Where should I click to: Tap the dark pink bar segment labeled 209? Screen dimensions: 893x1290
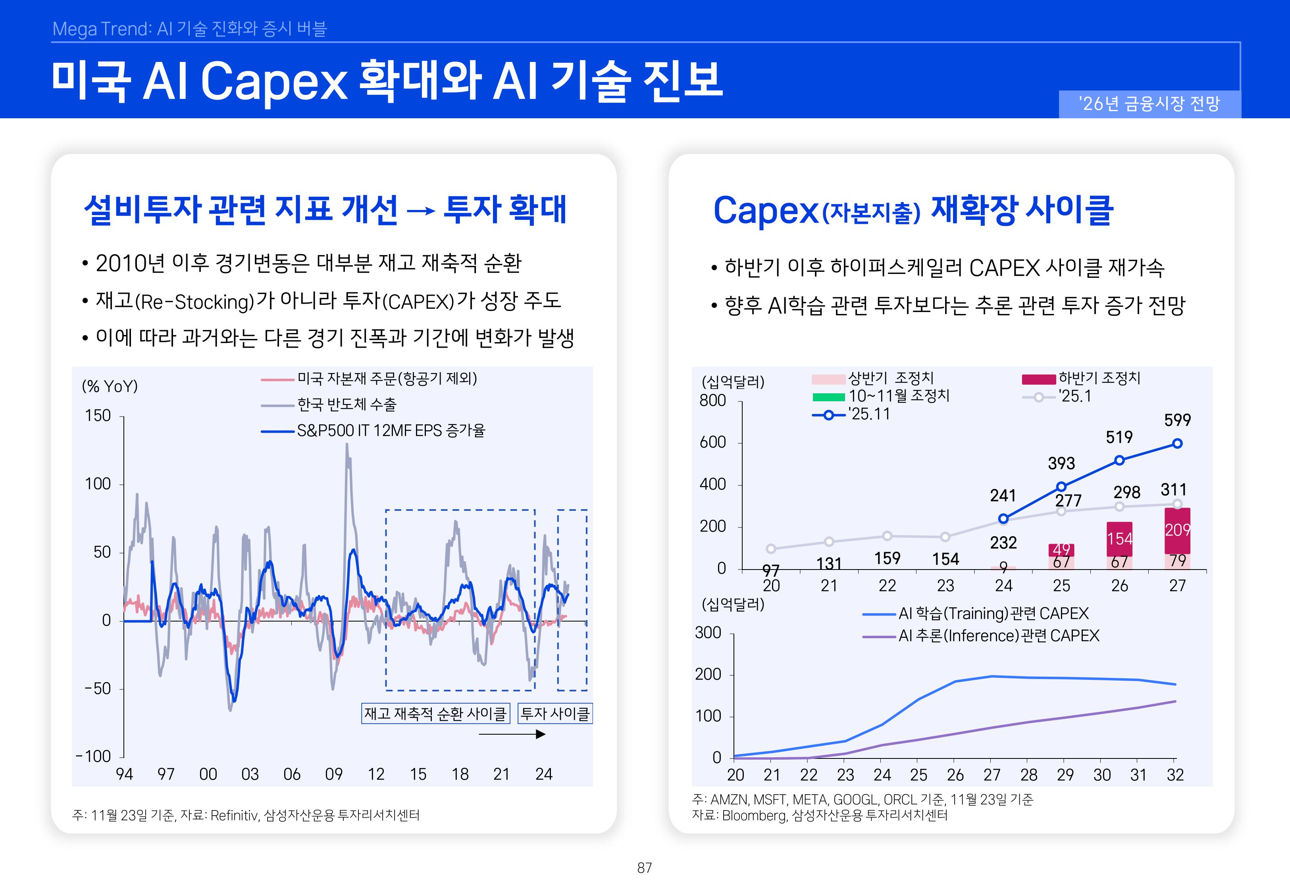[1177, 530]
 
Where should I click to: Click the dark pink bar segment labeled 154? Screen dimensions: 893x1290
[1119, 538]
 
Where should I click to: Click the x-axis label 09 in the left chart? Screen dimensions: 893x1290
[333, 774]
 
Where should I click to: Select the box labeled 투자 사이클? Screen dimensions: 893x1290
[555, 713]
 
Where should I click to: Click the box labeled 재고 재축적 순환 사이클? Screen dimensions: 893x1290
[435, 713]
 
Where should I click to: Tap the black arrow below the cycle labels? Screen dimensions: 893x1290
[512, 734]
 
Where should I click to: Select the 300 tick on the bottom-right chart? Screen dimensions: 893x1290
[708, 633]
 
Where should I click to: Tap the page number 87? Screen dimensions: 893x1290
[645, 868]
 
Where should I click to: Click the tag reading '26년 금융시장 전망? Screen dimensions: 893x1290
[1149, 104]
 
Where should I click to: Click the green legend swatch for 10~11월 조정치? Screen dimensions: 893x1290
[828, 397]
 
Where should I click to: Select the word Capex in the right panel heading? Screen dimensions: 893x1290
[765, 211]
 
